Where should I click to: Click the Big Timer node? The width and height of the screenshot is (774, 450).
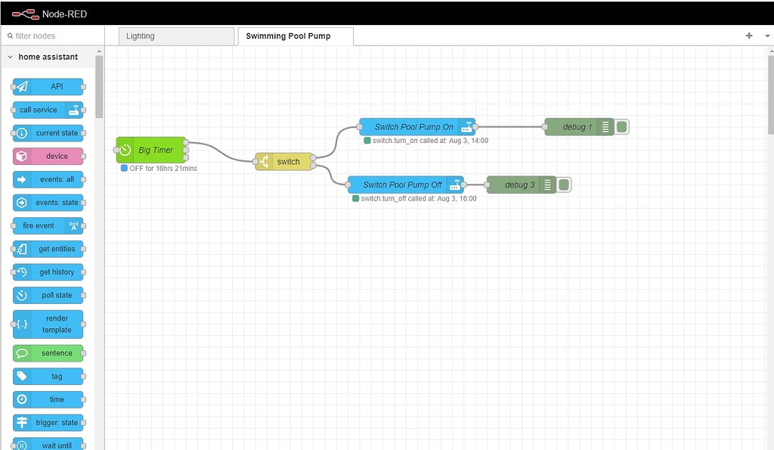coord(155,150)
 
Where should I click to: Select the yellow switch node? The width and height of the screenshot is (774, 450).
coord(287,161)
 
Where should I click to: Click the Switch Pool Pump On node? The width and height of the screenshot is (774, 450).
coord(414,127)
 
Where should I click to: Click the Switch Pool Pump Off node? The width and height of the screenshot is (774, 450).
coord(403,185)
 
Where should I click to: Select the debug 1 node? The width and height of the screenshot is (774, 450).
coord(577,127)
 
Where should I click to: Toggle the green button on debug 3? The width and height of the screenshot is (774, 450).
coord(564,185)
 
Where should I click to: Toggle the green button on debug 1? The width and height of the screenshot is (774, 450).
coord(621,127)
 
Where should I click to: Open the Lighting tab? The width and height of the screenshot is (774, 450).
coord(176,36)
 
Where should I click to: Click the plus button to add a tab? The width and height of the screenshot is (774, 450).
coord(749,36)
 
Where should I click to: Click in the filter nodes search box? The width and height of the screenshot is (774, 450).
coord(53,36)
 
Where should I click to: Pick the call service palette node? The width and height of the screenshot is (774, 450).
coord(48,110)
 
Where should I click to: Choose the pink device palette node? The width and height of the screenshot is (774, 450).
coord(48,156)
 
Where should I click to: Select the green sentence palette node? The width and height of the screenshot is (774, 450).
coord(48,353)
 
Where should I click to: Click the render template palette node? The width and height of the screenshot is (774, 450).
coord(48,324)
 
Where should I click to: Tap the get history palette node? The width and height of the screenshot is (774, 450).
coord(48,272)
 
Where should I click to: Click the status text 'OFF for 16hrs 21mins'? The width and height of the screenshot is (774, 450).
coord(163,168)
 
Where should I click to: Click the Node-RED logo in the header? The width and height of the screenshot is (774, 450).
coord(26,13)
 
